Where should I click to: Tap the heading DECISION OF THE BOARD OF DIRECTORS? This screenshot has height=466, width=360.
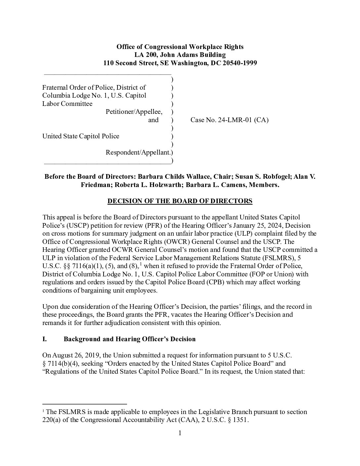tap(180, 201)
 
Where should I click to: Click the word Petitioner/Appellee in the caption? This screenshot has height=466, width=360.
tap(134, 112)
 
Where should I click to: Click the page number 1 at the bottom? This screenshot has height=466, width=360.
tap(180, 433)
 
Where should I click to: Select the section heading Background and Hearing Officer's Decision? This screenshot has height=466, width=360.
tap(129, 339)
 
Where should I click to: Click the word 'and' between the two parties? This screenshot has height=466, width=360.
tap(153, 120)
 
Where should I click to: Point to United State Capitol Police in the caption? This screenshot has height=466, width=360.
tap(81, 136)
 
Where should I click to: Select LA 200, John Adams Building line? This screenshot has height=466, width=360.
tap(180, 55)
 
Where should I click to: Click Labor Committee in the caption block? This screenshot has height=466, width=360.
tap(67, 104)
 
